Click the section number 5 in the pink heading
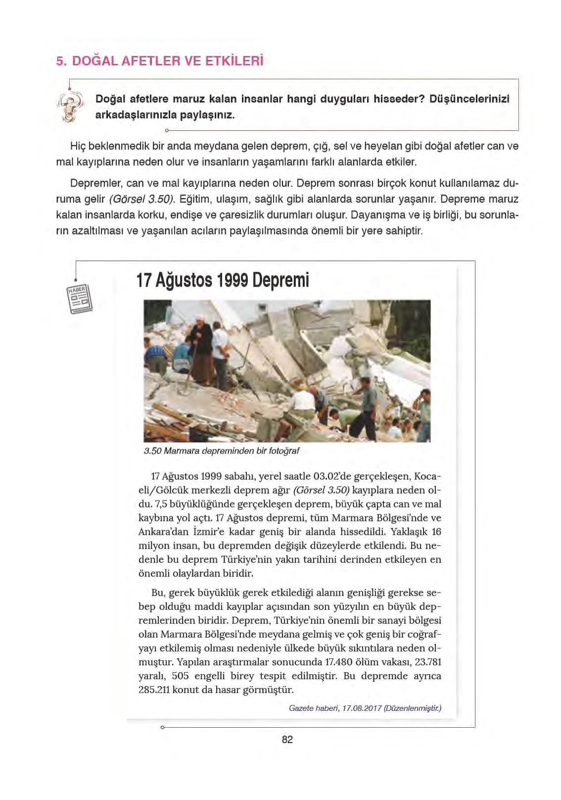click(60, 61)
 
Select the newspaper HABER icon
click(79, 299)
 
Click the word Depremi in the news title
click(280, 280)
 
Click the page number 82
click(287, 740)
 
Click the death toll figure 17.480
click(339, 662)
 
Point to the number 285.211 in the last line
click(154, 690)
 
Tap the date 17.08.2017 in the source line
click(362, 708)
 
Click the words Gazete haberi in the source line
click(313, 708)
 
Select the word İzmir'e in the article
click(227, 532)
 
